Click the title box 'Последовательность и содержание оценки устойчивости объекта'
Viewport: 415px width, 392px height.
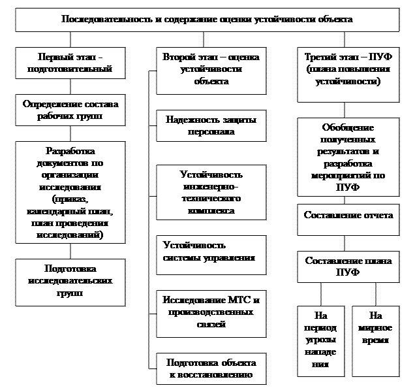tap(207, 20)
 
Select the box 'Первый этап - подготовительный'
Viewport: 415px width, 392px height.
tap(70, 62)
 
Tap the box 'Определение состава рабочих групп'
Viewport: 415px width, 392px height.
tap(70, 110)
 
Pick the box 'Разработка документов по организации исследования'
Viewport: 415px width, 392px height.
tap(70, 193)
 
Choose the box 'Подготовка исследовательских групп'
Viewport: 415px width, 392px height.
tap(70, 282)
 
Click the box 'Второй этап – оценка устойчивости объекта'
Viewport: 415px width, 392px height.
tap(211, 70)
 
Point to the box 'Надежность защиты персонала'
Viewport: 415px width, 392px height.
tap(211, 126)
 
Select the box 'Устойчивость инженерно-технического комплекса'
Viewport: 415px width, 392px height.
tap(211, 193)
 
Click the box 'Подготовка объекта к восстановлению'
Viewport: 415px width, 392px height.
tap(211, 369)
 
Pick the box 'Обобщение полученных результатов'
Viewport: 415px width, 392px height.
tap(348, 157)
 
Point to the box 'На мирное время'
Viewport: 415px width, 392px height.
tap(375, 340)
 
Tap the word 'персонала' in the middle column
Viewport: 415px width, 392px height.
tap(211, 132)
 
